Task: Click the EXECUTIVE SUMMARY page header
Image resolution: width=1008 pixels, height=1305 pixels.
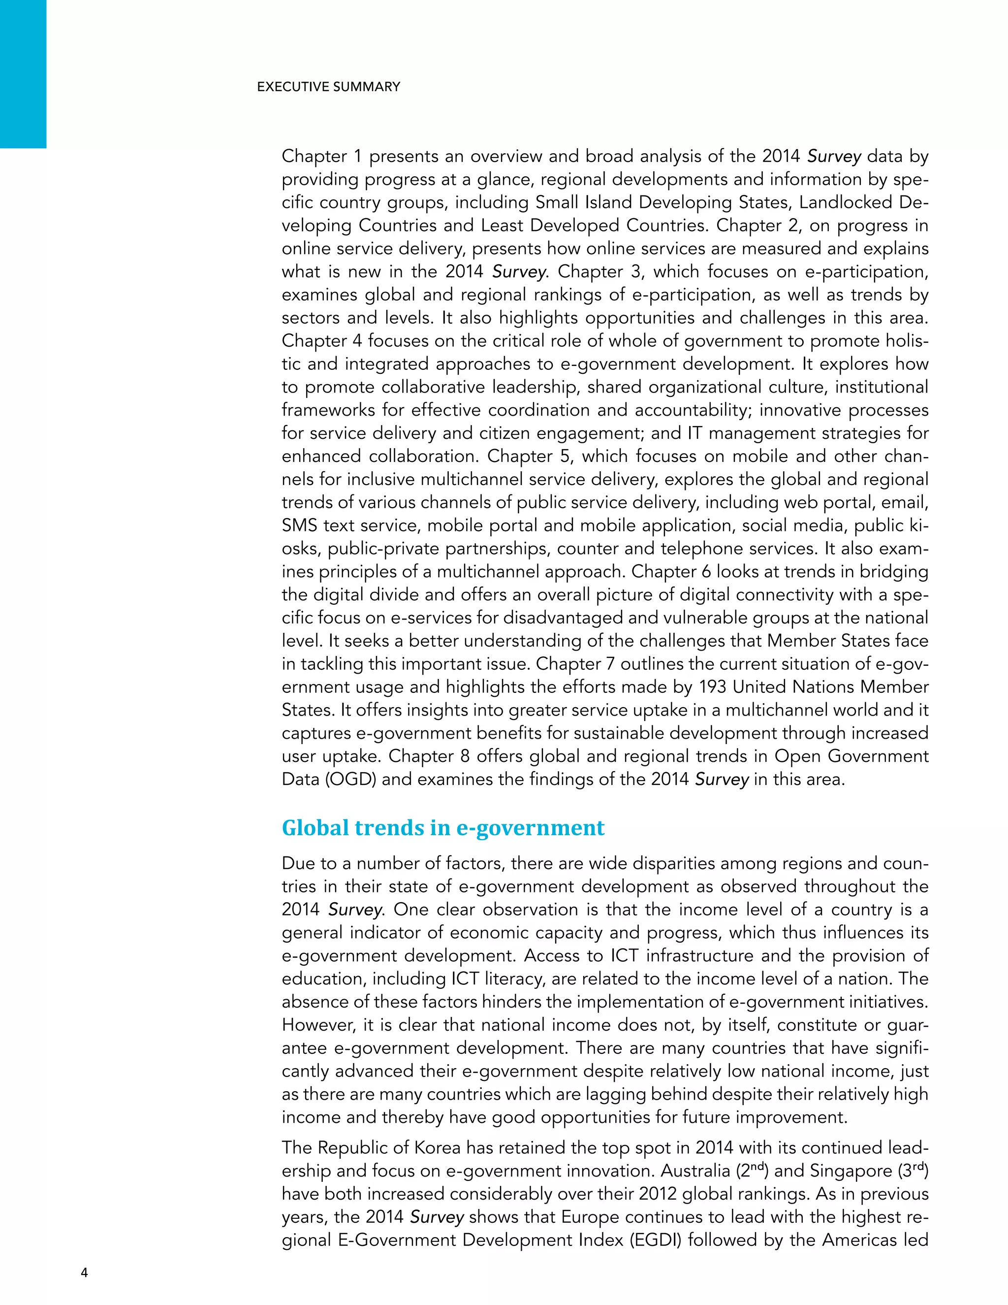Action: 328,87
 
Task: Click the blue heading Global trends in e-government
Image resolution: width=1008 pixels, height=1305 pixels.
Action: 443,828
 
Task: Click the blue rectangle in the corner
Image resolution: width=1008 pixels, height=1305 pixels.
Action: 23,73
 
